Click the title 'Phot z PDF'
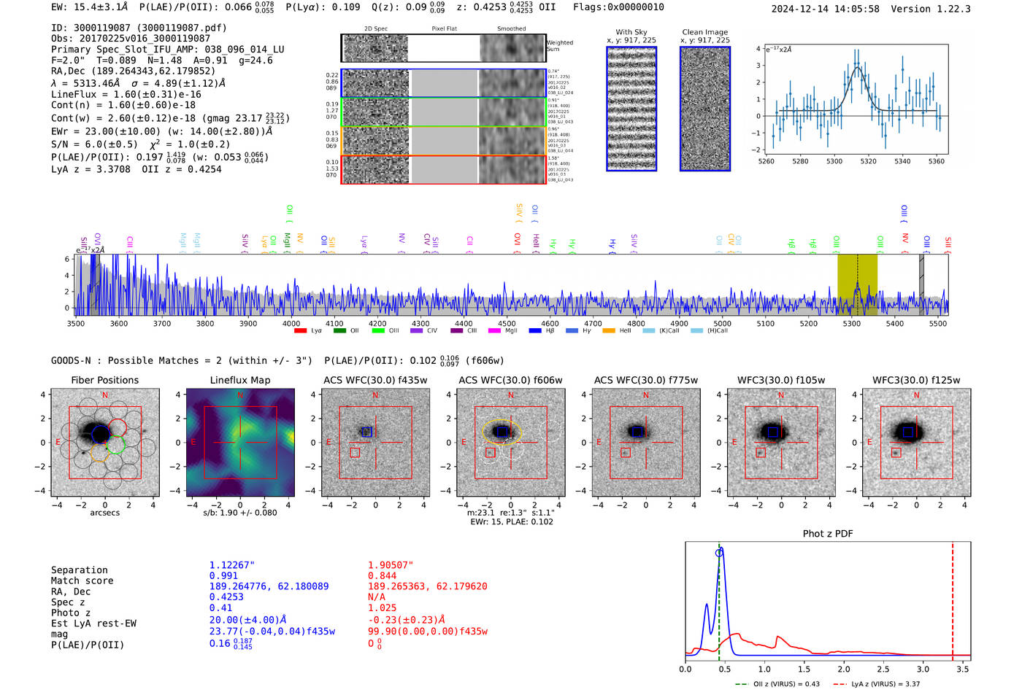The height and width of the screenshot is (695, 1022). pyautogui.click(x=828, y=533)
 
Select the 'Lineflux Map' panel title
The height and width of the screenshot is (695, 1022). pyautogui.click(x=240, y=380)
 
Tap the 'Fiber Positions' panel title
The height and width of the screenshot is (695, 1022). pyautogui.click(x=104, y=380)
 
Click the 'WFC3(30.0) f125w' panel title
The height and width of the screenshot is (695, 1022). pyautogui.click(x=916, y=380)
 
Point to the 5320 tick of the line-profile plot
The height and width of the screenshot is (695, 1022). pyautogui.click(x=868, y=161)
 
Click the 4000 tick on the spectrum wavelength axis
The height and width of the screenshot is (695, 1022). pyautogui.click(x=291, y=323)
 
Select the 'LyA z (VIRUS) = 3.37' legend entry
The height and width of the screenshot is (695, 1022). pyautogui.click(x=885, y=684)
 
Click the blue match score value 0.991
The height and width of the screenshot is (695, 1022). pyautogui.click(x=223, y=576)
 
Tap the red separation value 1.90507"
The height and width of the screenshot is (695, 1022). pyautogui.click(x=391, y=565)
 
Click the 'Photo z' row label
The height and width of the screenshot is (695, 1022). pyautogui.click(x=70, y=613)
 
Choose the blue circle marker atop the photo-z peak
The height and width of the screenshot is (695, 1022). pyautogui.click(x=719, y=553)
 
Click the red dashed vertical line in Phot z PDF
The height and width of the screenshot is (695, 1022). pyautogui.click(x=953, y=598)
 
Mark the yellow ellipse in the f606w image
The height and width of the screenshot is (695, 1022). pyautogui.click(x=502, y=432)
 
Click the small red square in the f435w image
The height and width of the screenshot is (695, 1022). pyautogui.click(x=355, y=453)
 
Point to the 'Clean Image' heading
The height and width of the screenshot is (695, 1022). pyautogui.click(x=704, y=32)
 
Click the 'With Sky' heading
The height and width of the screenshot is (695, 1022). pyautogui.click(x=631, y=32)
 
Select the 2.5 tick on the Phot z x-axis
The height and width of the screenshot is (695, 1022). pyautogui.click(x=883, y=669)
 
